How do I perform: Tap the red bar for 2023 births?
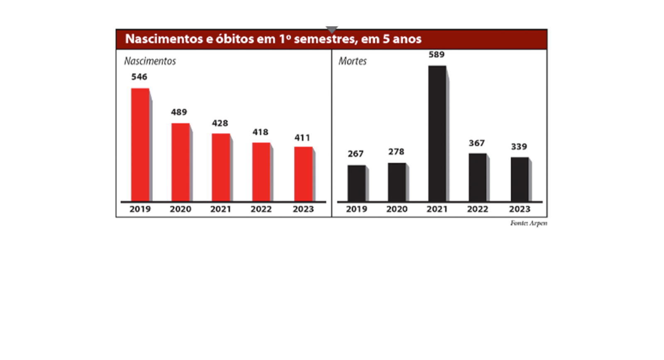pos(303,174)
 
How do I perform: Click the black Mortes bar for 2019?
pos(356,183)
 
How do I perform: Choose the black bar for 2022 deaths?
pos(477,177)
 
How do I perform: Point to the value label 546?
pos(139,77)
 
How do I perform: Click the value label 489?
pos(179,112)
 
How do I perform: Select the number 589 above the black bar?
pos(437,55)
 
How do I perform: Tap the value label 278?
pos(396,152)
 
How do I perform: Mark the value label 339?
pos(519,147)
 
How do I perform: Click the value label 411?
pos(302,138)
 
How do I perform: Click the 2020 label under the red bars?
pos(181,209)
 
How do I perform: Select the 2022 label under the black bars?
pos(478,209)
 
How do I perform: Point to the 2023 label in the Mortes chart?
pos(520,209)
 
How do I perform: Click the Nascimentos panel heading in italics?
pos(150,61)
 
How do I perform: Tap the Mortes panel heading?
pos(352,61)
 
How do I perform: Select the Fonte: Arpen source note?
pos(528,223)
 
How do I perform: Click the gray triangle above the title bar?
pos(332,29)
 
